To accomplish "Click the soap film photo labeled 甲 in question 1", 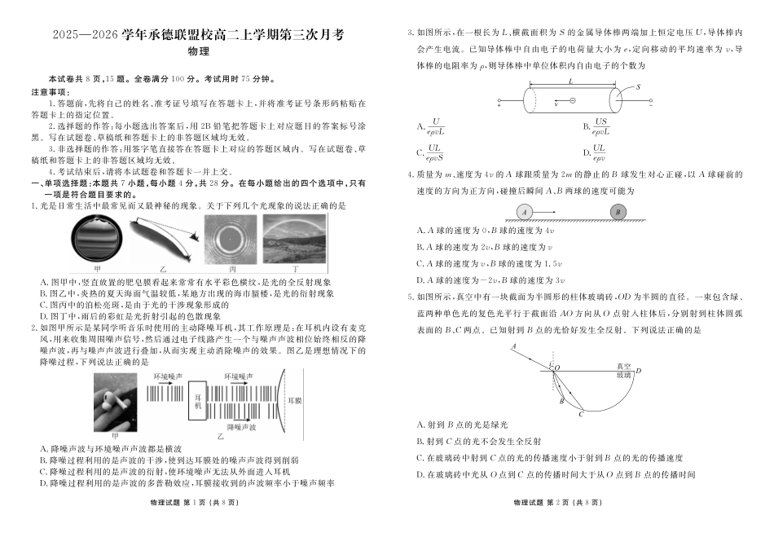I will (x=99, y=240).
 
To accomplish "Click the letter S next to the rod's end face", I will (x=638, y=86).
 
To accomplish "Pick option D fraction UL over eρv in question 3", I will (x=599, y=152).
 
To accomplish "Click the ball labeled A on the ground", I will (x=524, y=212).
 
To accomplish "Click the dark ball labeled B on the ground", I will (x=618, y=211).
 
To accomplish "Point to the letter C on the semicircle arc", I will (x=581, y=414).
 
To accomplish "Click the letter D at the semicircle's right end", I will (x=639, y=372).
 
